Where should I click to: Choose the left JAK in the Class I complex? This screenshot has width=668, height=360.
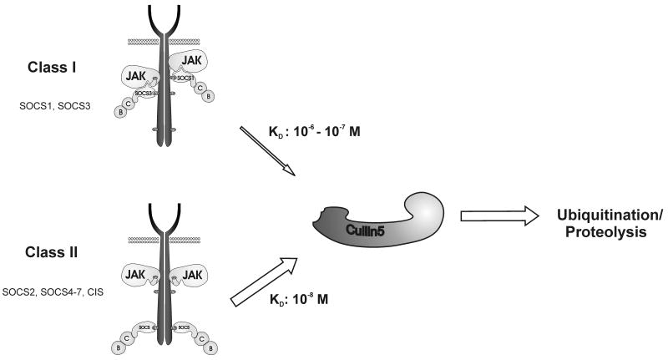pos(139,83)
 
